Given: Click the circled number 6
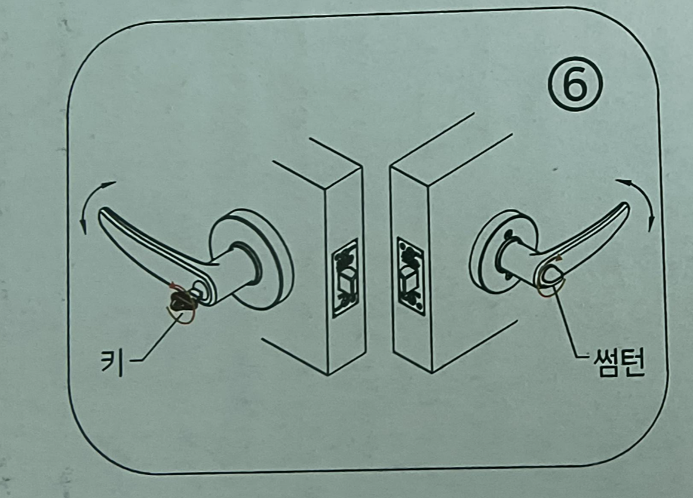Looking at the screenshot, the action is [x=575, y=84].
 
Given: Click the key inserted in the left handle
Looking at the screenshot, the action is [x=181, y=300].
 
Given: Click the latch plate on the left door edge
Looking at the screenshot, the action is [x=345, y=278].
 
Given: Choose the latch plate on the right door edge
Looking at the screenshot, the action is [x=411, y=276].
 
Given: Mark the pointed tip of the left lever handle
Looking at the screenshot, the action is [x=101, y=213].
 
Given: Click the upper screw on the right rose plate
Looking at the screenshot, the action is [x=508, y=232].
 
